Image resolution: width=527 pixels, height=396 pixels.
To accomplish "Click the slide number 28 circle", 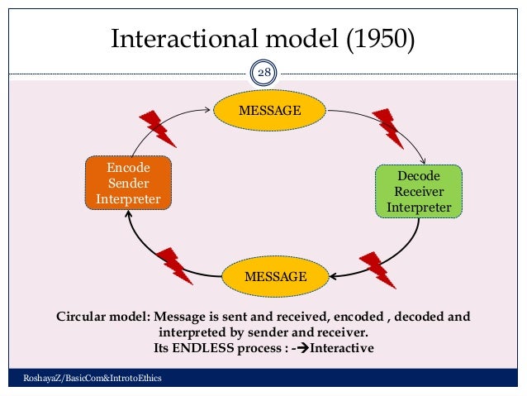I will point(263,74).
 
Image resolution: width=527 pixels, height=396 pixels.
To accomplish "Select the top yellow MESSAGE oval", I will point(269,110).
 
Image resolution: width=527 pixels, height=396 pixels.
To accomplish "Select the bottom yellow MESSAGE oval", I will point(275,275).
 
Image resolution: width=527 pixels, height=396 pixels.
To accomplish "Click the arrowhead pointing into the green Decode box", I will point(422,160).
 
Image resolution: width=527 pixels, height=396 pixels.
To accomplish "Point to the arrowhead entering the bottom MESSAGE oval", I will point(331,275).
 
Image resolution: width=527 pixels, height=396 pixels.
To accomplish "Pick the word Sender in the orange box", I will point(128,183).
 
